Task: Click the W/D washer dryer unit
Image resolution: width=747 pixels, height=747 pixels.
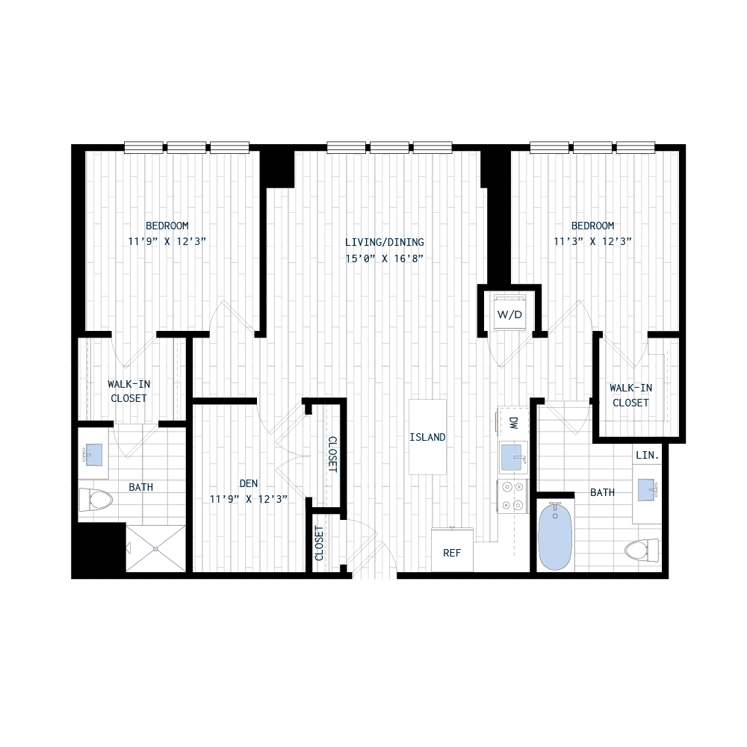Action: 509,313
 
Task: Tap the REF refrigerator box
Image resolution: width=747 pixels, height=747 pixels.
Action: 452,553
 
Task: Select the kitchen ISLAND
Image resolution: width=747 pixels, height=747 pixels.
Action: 428,437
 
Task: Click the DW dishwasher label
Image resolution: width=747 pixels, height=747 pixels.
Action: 513,423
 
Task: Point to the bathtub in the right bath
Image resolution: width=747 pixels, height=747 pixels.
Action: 554,536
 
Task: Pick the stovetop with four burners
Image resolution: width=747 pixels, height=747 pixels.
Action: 513,495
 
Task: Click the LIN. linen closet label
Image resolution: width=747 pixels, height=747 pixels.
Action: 646,455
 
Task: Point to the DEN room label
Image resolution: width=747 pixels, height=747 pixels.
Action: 249,483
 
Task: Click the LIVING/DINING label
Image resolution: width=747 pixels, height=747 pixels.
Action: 385,242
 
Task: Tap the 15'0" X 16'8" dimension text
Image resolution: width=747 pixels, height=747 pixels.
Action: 385,259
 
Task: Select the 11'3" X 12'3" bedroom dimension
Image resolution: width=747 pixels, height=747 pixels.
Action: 593,241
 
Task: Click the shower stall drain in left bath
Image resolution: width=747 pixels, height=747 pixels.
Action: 155,548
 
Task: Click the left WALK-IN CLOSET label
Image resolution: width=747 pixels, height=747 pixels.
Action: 128,391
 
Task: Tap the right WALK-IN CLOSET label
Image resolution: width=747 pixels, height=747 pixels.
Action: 630,395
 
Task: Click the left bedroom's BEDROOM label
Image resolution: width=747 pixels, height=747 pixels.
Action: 167,225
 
